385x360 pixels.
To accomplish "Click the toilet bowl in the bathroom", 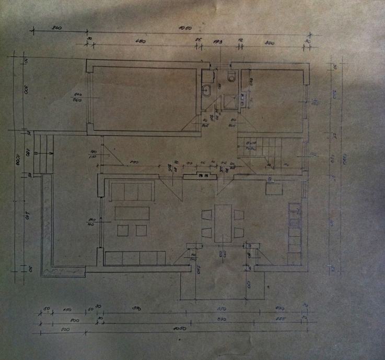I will [x=231, y=77].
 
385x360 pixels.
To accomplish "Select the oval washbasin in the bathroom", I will [x=207, y=89].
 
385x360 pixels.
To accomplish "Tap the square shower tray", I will [x=228, y=101].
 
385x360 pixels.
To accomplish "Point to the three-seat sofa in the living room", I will [x=132, y=191].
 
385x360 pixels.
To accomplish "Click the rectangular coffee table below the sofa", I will [x=132, y=213].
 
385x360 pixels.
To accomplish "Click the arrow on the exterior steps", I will [x=51, y=154].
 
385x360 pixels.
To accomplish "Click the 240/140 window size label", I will [x=91, y=223].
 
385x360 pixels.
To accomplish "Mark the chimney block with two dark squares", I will [x=204, y=176].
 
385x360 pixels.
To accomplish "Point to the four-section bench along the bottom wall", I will [x=135, y=258].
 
